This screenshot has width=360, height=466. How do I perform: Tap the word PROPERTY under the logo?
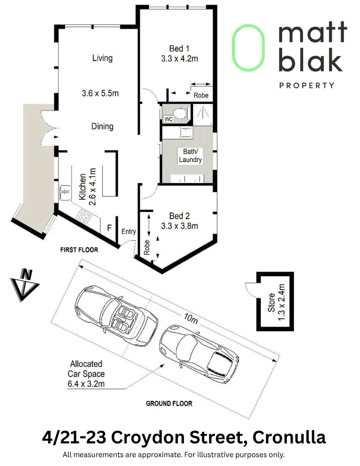307,85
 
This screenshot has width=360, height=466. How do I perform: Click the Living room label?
102,58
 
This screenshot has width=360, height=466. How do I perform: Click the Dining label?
102,126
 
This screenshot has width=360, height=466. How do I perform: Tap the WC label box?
167,119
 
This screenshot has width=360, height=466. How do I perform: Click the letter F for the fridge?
110,227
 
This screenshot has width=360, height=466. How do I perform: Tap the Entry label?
128,232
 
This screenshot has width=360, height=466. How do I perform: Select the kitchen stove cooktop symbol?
83,216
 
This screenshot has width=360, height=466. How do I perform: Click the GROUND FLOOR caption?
169,404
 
